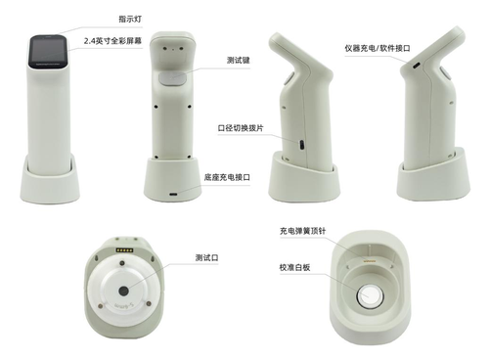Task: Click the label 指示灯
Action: [130, 19]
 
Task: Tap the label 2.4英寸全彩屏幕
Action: [112, 41]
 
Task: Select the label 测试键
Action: [239, 61]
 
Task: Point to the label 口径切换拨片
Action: [241, 128]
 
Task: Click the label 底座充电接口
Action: [227, 177]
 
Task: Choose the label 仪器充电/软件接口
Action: [378, 48]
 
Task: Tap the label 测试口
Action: [206, 257]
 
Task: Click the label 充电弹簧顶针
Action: [302, 231]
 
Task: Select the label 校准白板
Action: [294, 268]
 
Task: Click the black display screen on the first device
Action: [49, 52]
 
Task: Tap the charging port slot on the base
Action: [173, 195]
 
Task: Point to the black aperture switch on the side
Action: [302, 145]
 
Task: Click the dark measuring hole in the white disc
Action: [123, 292]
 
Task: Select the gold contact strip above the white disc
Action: [125, 250]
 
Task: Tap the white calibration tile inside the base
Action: [370, 295]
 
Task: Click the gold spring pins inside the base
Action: [369, 261]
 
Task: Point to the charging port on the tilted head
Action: [417, 66]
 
